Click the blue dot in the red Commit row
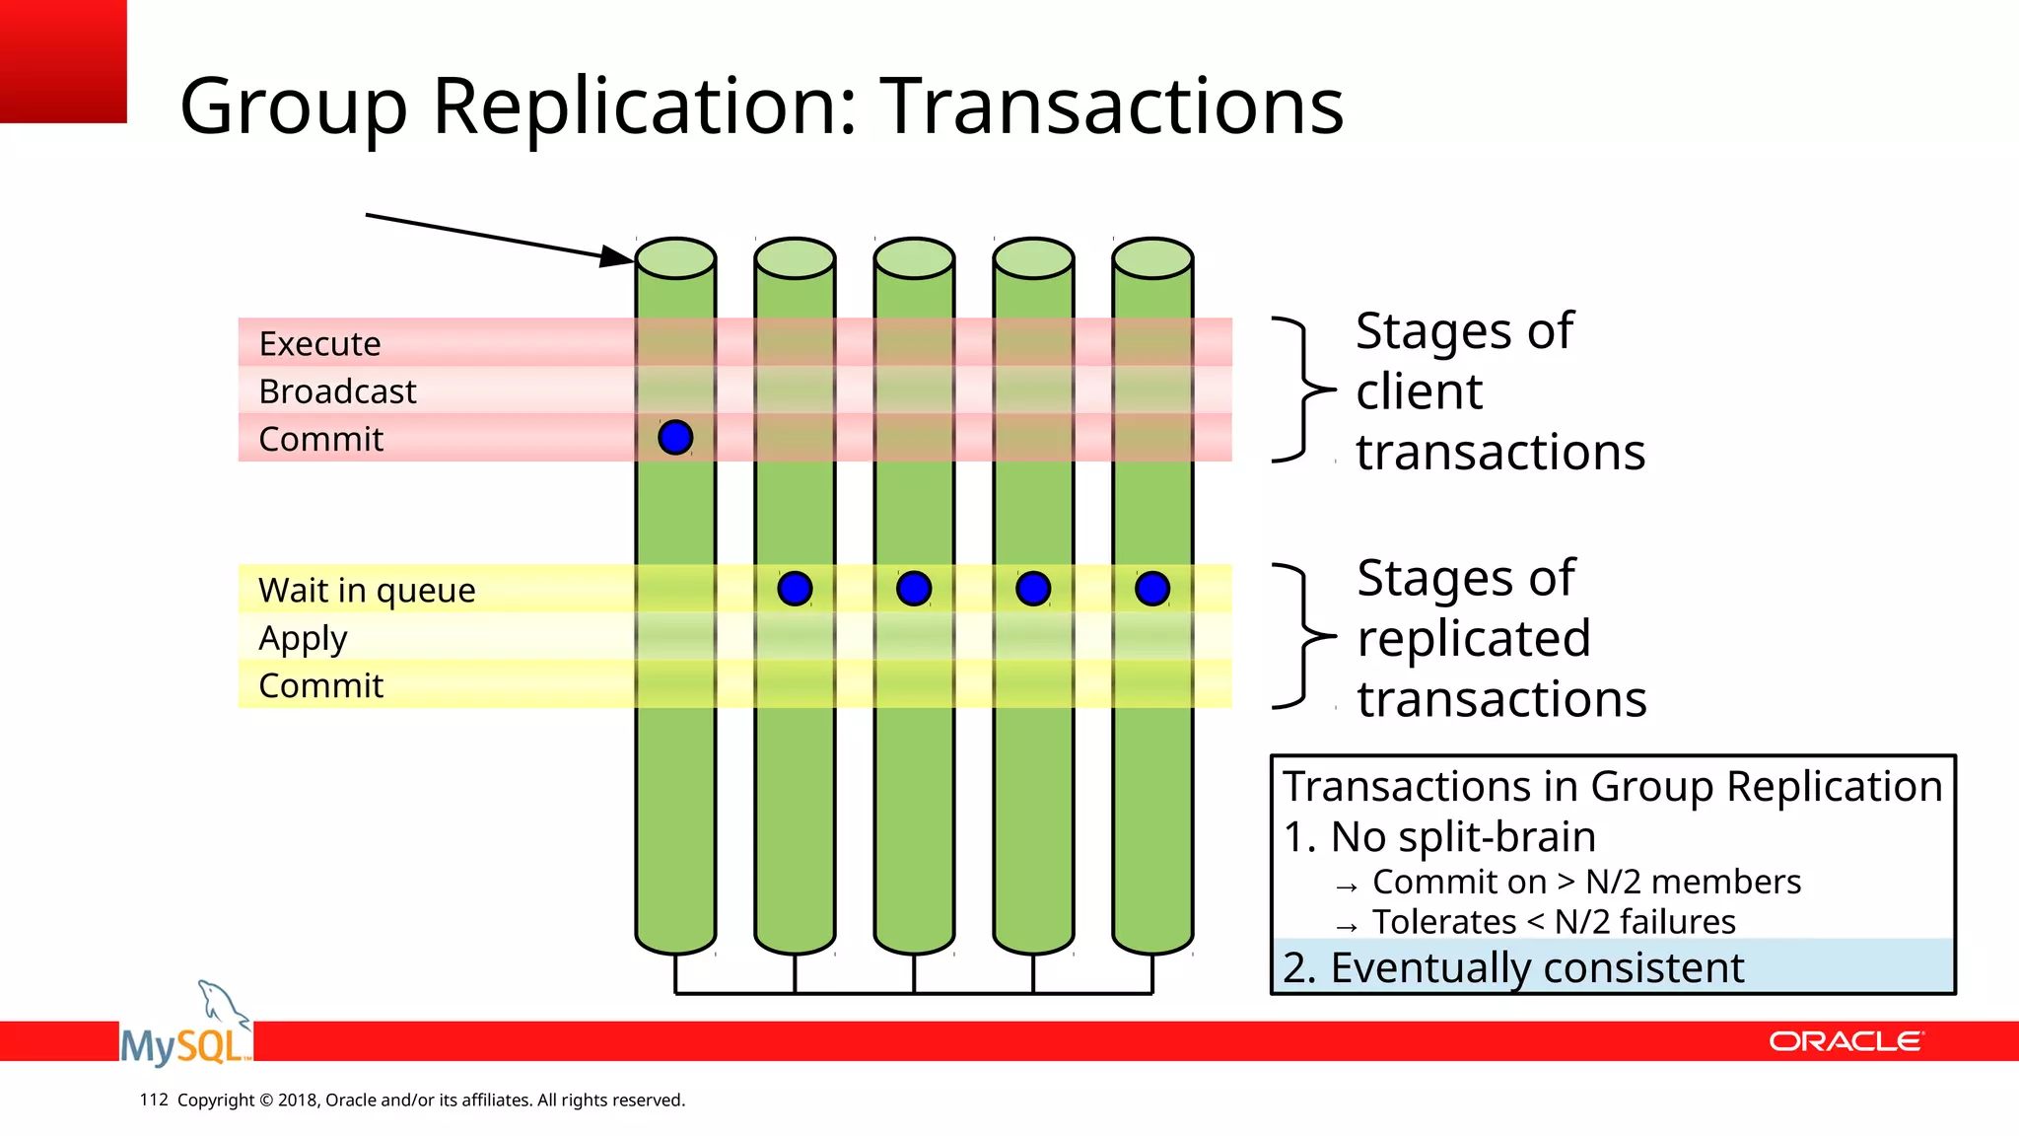[x=675, y=437]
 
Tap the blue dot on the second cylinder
[x=795, y=589]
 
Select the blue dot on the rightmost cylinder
[x=1152, y=589]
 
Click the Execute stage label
[x=319, y=343]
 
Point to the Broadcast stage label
[x=337, y=391]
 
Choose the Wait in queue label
[x=367, y=590]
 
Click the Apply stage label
[x=303, y=638]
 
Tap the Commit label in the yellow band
[x=320, y=685]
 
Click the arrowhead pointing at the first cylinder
[x=619, y=256]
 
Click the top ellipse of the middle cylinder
[x=914, y=258]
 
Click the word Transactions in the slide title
[x=1111, y=106]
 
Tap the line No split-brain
[x=1439, y=836]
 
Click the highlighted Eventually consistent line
[x=1513, y=967]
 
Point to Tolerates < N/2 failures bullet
[x=1553, y=921]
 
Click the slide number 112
[x=154, y=1100]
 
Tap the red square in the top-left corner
[x=63, y=61]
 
